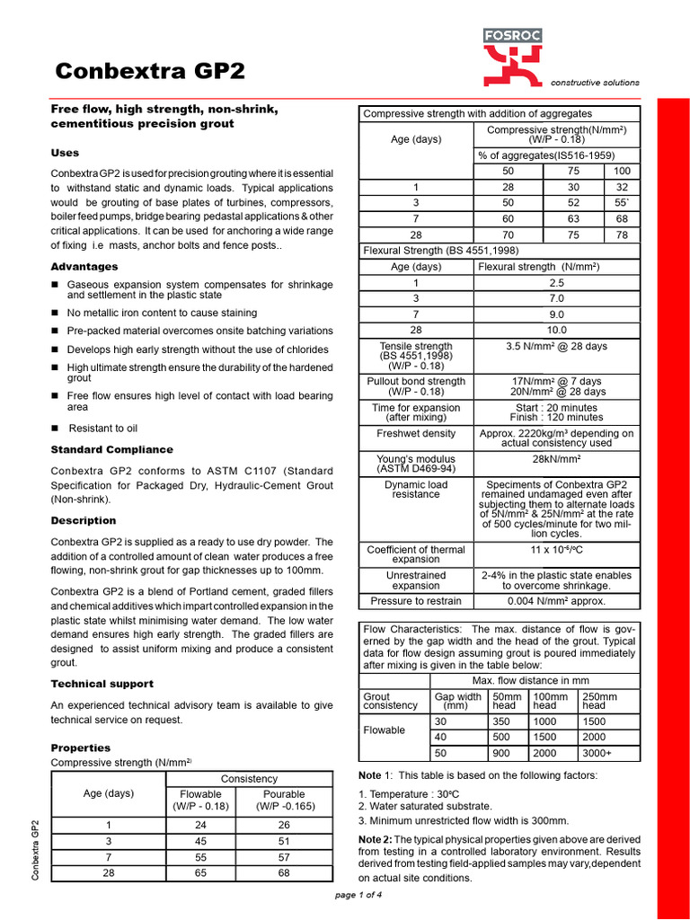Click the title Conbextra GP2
click(149, 72)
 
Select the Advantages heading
click(84, 267)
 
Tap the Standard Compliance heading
click(111, 449)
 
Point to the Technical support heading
click(102, 684)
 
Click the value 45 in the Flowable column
click(200, 841)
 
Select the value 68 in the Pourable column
click(284, 872)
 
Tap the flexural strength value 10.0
click(556, 331)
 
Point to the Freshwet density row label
click(416, 433)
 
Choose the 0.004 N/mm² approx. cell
click(556, 601)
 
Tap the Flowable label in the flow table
click(385, 730)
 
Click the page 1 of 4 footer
click(358, 895)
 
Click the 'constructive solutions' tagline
click(595, 82)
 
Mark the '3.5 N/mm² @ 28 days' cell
click(556, 346)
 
